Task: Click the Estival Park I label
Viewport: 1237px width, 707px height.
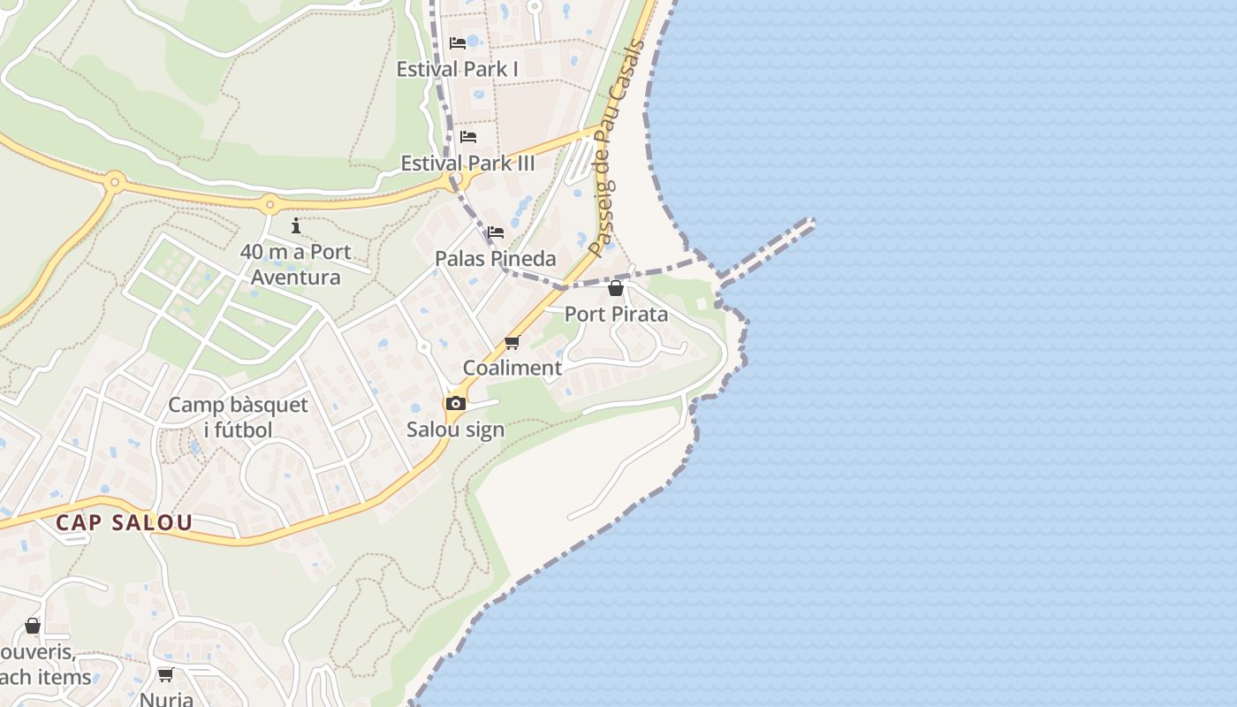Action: point(457,69)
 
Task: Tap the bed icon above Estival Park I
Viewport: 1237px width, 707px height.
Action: point(458,42)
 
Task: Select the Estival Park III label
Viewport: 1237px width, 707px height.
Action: point(467,163)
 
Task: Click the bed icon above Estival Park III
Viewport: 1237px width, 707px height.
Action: point(468,137)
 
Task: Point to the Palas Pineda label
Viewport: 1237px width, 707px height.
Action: point(495,259)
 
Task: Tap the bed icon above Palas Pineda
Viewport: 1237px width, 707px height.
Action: point(496,232)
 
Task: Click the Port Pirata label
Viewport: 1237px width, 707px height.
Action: point(616,315)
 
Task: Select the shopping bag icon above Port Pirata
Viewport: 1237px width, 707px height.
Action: point(616,288)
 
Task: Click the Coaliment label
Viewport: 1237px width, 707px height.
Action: point(512,368)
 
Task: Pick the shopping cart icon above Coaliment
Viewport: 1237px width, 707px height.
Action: point(512,342)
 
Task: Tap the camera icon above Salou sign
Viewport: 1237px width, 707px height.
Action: point(456,404)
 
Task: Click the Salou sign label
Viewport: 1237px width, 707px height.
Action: point(455,430)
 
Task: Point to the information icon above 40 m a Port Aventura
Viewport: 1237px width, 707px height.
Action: point(296,226)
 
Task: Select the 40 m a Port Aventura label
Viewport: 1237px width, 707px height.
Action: point(295,264)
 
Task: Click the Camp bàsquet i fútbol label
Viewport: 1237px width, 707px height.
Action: point(238,417)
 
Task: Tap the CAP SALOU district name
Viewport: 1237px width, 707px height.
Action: point(124,522)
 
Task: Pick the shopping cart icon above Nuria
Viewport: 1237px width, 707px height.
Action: point(165,675)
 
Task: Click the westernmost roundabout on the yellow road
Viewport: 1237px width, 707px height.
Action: point(114,183)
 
